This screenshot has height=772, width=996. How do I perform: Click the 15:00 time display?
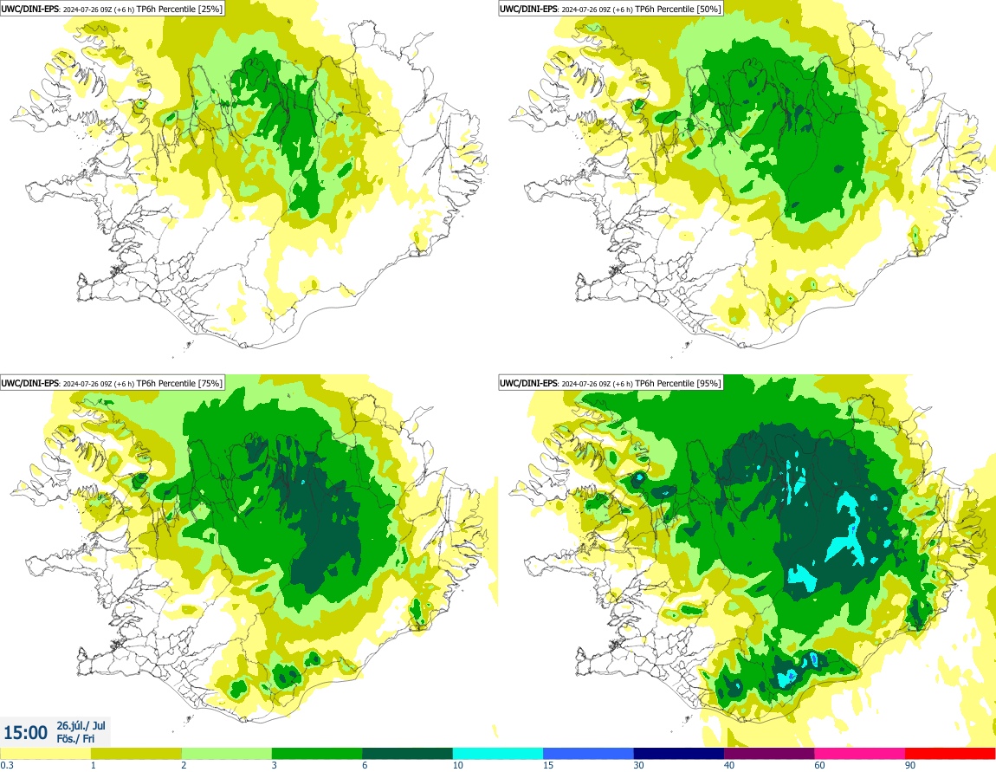pyautogui.click(x=27, y=732)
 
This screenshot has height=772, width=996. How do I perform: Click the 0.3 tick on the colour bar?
pyautogui.click(x=7, y=765)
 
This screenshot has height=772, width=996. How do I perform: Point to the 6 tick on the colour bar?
pyautogui.click(x=364, y=765)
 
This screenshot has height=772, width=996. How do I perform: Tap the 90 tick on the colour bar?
pyautogui.click(x=909, y=765)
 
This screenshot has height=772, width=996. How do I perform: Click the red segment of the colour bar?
pyautogui.click(x=950, y=753)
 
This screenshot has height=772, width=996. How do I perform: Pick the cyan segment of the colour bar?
pyautogui.click(x=498, y=753)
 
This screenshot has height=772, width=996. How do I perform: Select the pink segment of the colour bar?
pyautogui.click(x=859, y=753)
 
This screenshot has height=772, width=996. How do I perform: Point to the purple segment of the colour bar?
pyautogui.click(x=769, y=753)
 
